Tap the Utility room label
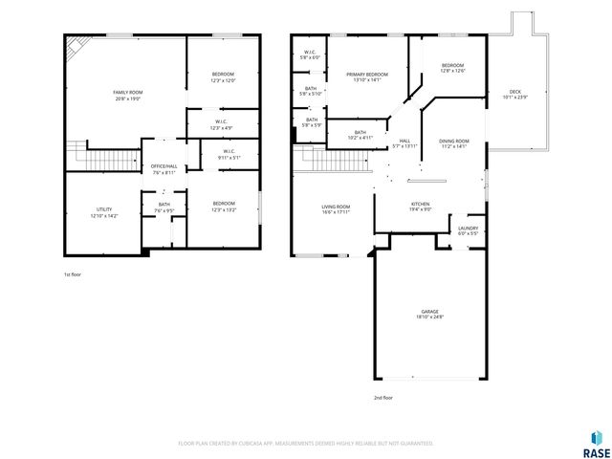point(102,212)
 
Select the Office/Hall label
point(163,169)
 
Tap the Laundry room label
point(468,229)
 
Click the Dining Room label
point(453,142)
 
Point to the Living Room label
point(335,209)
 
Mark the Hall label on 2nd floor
point(404,142)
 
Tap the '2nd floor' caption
point(383,397)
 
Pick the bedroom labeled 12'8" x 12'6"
point(451,68)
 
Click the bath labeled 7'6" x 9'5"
point(164,207)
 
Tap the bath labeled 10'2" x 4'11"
point(361,135)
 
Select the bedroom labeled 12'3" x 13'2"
point(224,206)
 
